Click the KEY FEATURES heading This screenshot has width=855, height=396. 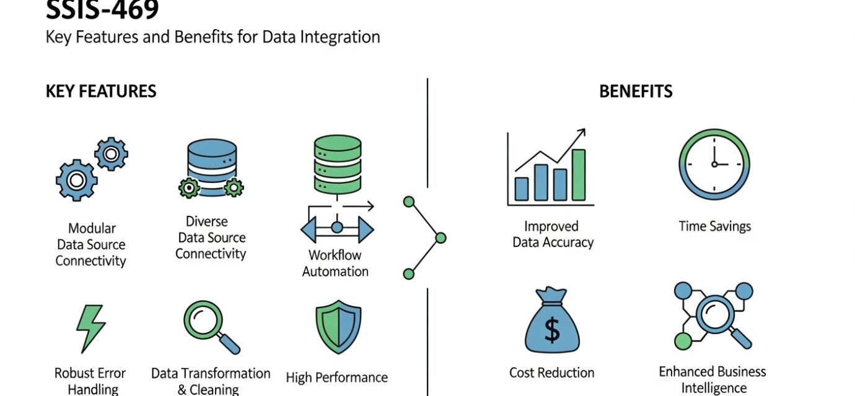101,92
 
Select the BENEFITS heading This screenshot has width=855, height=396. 636,92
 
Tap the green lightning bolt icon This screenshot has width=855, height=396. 90,328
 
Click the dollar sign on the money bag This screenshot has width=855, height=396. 551,329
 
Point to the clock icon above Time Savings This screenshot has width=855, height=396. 714,164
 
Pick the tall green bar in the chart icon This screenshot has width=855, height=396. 579,174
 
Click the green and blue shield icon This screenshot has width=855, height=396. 338,327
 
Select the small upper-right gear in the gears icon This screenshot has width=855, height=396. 111,154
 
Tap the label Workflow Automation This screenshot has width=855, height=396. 335,263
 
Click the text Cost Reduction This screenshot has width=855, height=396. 551,372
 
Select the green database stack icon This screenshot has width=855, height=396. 338,164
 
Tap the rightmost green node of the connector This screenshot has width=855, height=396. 441,238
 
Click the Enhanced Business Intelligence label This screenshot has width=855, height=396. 712,379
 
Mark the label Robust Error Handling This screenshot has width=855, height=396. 90,381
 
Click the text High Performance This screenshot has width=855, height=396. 336,377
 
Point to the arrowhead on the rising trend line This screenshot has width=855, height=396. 581,133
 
